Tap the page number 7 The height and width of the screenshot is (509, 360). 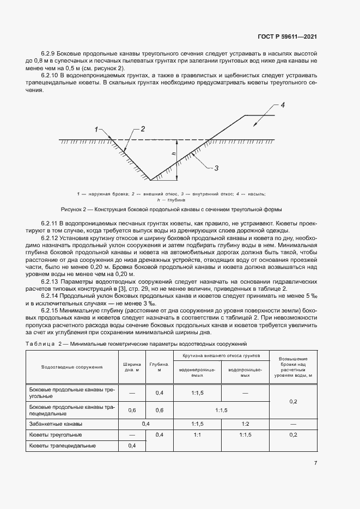(x=316, y=463)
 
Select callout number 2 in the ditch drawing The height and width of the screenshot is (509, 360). (x=143, y=129)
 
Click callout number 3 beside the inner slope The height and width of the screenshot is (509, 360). (x=216, y=168)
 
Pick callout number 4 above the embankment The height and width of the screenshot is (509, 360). (x=283, y=105)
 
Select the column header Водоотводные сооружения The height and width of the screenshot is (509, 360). (x=72, y=367)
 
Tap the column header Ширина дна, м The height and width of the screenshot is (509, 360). (x=132, y=367)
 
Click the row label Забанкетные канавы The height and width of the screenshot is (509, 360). (x=56, y=424)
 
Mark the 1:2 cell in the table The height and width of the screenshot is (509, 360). (x=245, y=424)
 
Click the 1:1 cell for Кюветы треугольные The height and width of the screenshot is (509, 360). (x=197, y=434)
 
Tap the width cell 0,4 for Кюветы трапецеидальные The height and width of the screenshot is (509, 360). (x=132, y=445)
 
